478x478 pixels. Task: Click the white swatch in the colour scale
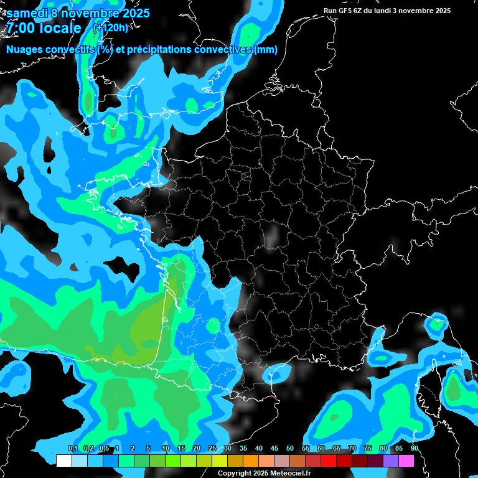(63, 461)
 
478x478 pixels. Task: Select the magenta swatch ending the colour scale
(406, 461)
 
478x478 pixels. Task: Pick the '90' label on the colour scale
(414, 449)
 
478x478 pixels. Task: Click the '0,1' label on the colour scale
(72, 449)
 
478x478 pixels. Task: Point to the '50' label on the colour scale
(290, 449)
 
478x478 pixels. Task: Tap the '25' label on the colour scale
(212, 449)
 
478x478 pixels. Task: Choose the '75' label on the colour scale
(368, 449)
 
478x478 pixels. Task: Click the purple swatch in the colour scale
(391, 461)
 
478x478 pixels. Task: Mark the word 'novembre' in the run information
(417, 11)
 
